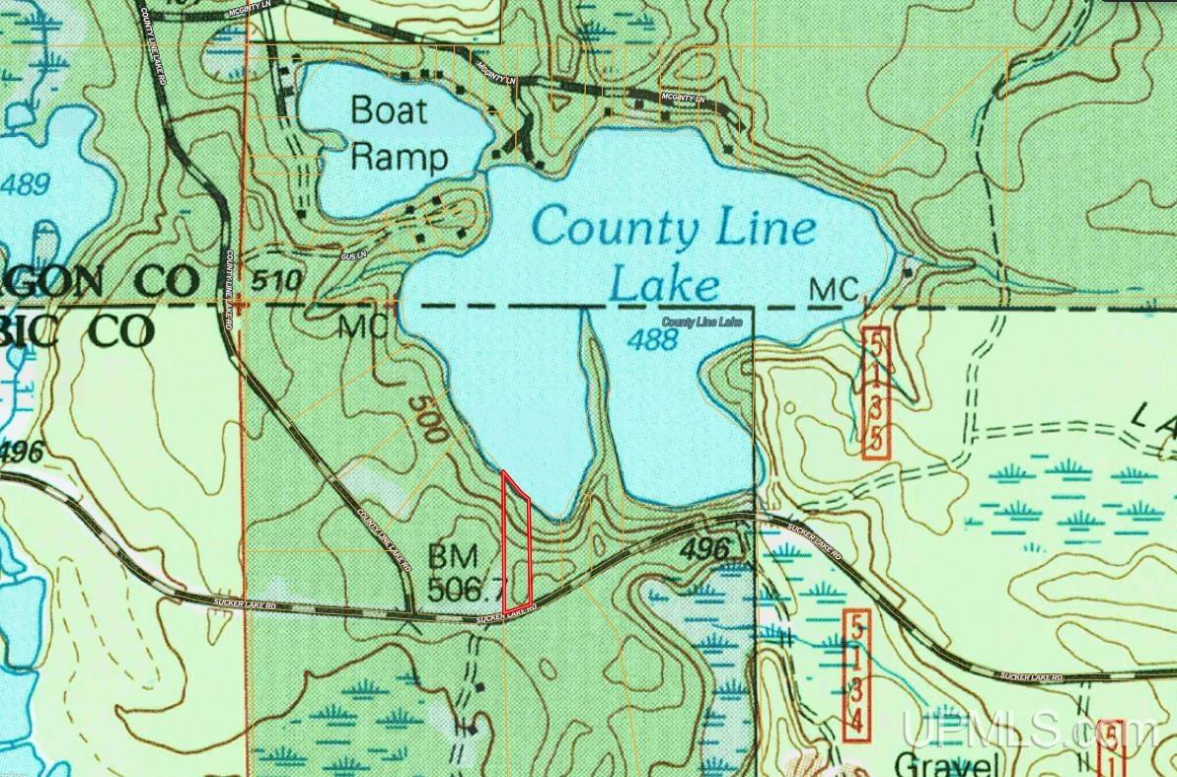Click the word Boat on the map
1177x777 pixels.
click(x=390, y=109)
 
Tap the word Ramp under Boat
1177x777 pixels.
click(x=400, y=156)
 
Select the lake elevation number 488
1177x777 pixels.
click(x=653, y=340)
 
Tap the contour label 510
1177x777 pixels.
click(x=275, y=281)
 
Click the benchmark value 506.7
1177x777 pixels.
click(x=467, y=591)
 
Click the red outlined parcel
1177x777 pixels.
click(x=517, y=542)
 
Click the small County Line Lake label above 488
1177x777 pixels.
click(x=701, y=322)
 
